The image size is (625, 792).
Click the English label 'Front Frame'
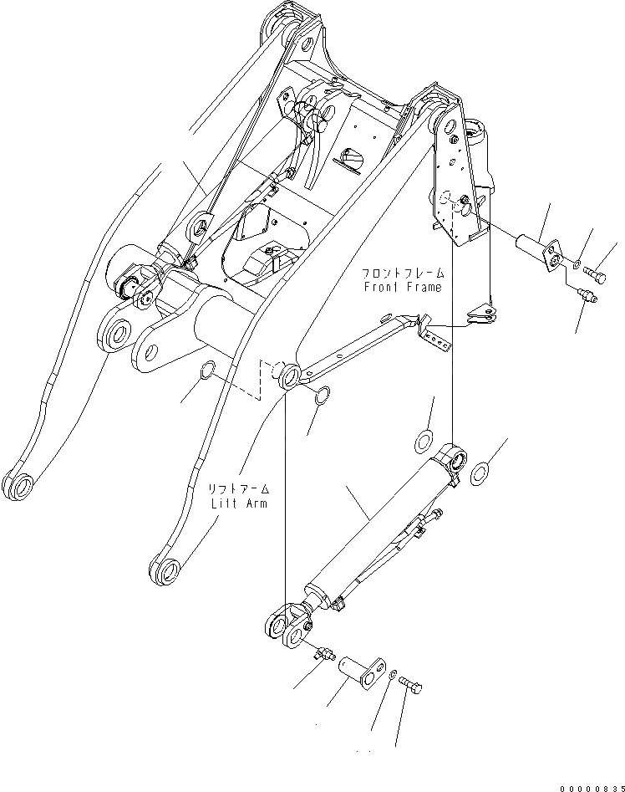pos(401,288)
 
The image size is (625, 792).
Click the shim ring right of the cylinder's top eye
pos(481,474)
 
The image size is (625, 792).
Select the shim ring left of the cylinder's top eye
pos(424,440)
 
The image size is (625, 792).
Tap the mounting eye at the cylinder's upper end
pos(456,459)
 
